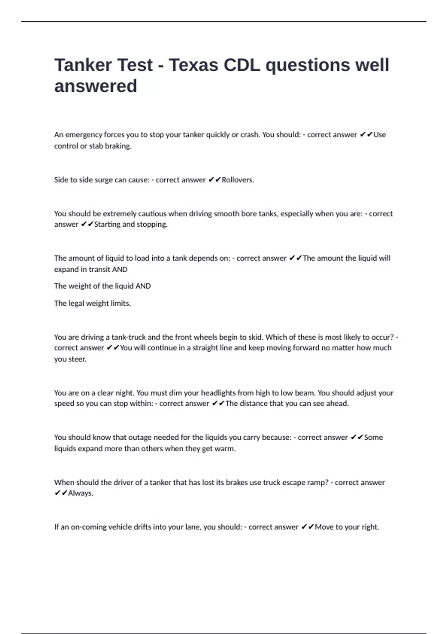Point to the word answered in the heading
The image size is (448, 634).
click(x=96, y=86)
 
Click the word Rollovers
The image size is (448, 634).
click(x=238, y=180)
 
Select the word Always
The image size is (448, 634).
click(x=80, y=493)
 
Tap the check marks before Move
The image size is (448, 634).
click(x=308, y=527)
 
